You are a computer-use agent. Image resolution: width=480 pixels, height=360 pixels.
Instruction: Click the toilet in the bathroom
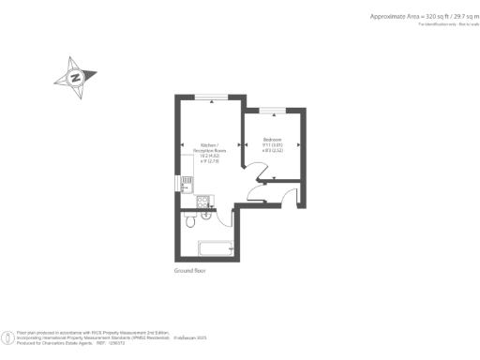coord(190,221)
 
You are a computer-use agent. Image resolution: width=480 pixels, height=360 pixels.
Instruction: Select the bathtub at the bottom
coord(217,248)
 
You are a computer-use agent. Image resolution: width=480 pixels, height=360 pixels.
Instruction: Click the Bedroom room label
coord(271,140)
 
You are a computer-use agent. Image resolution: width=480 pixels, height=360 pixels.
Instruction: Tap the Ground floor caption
coord(188,271)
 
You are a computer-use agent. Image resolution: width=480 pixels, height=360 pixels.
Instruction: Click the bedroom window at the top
coord(274,110)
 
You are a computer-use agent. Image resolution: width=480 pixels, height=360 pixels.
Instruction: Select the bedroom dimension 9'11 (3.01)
coord(271,145)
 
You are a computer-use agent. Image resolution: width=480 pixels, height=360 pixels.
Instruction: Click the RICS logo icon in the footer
coord(8,337)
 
